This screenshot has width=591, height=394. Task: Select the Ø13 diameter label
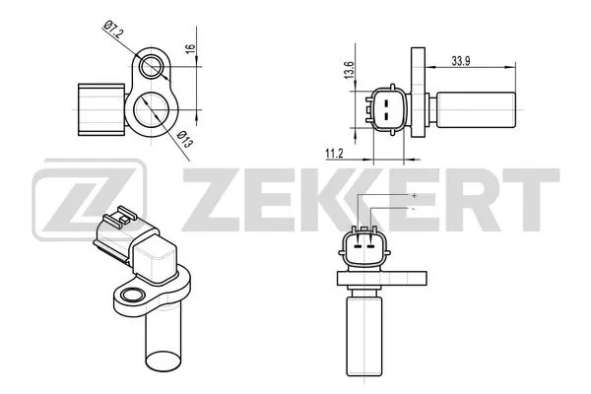(x=185, y=141)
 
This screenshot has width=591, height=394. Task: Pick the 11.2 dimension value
(x=334, y=153)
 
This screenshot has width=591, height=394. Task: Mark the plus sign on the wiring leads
(x=414, y=196)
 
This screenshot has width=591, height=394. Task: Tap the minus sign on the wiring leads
(x=414, y=209)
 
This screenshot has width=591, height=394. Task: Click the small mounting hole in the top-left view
(x=152, y=67)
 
